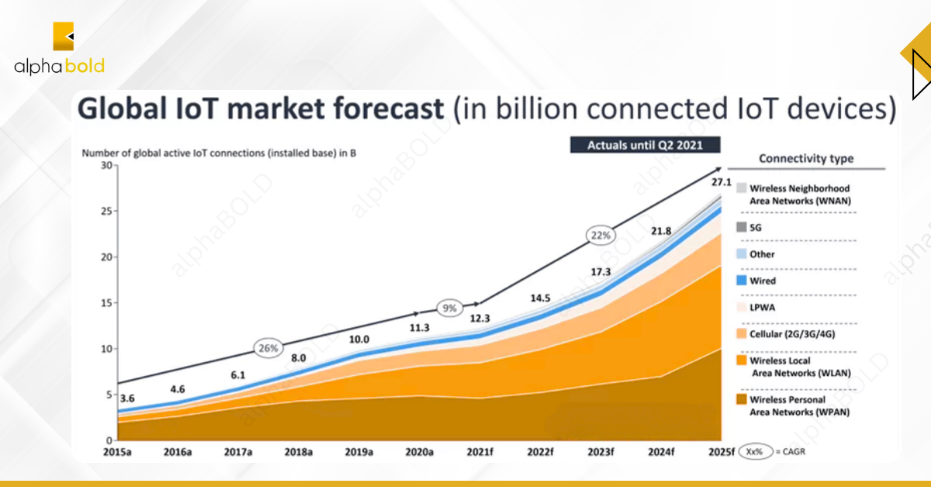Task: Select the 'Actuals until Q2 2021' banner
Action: coord(645,145)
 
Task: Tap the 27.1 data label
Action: coord(722,183)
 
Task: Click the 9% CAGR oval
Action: coord(449,307)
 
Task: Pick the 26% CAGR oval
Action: coord(268,348)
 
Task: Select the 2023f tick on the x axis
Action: coord(600,451)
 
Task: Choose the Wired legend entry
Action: coord(756,281)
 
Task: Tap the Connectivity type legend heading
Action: coord(805,159)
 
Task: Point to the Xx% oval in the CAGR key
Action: coord(753,451)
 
